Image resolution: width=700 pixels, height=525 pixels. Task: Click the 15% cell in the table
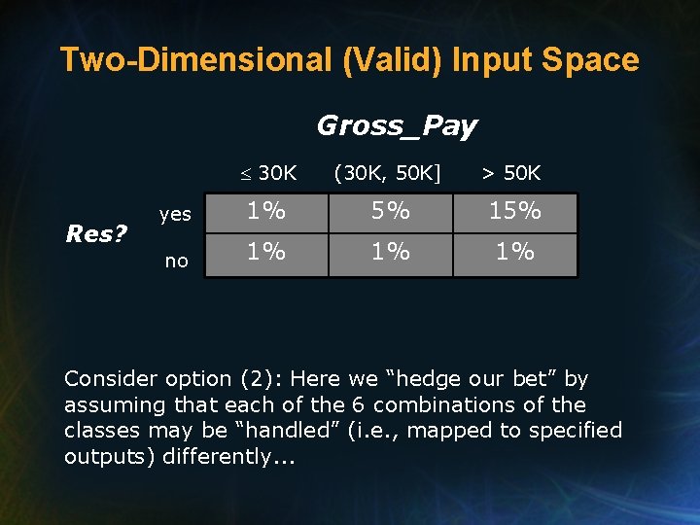515,211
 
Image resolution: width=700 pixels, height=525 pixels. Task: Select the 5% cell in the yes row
391,211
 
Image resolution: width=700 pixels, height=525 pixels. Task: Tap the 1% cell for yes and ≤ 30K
265,211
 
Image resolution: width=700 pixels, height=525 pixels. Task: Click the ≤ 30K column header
269,174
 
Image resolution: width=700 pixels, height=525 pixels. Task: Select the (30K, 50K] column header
387,174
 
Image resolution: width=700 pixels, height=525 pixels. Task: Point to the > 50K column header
511,174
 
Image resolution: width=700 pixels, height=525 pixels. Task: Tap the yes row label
175,215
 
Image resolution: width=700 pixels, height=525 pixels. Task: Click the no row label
176,261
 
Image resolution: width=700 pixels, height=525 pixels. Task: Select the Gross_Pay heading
397,125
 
